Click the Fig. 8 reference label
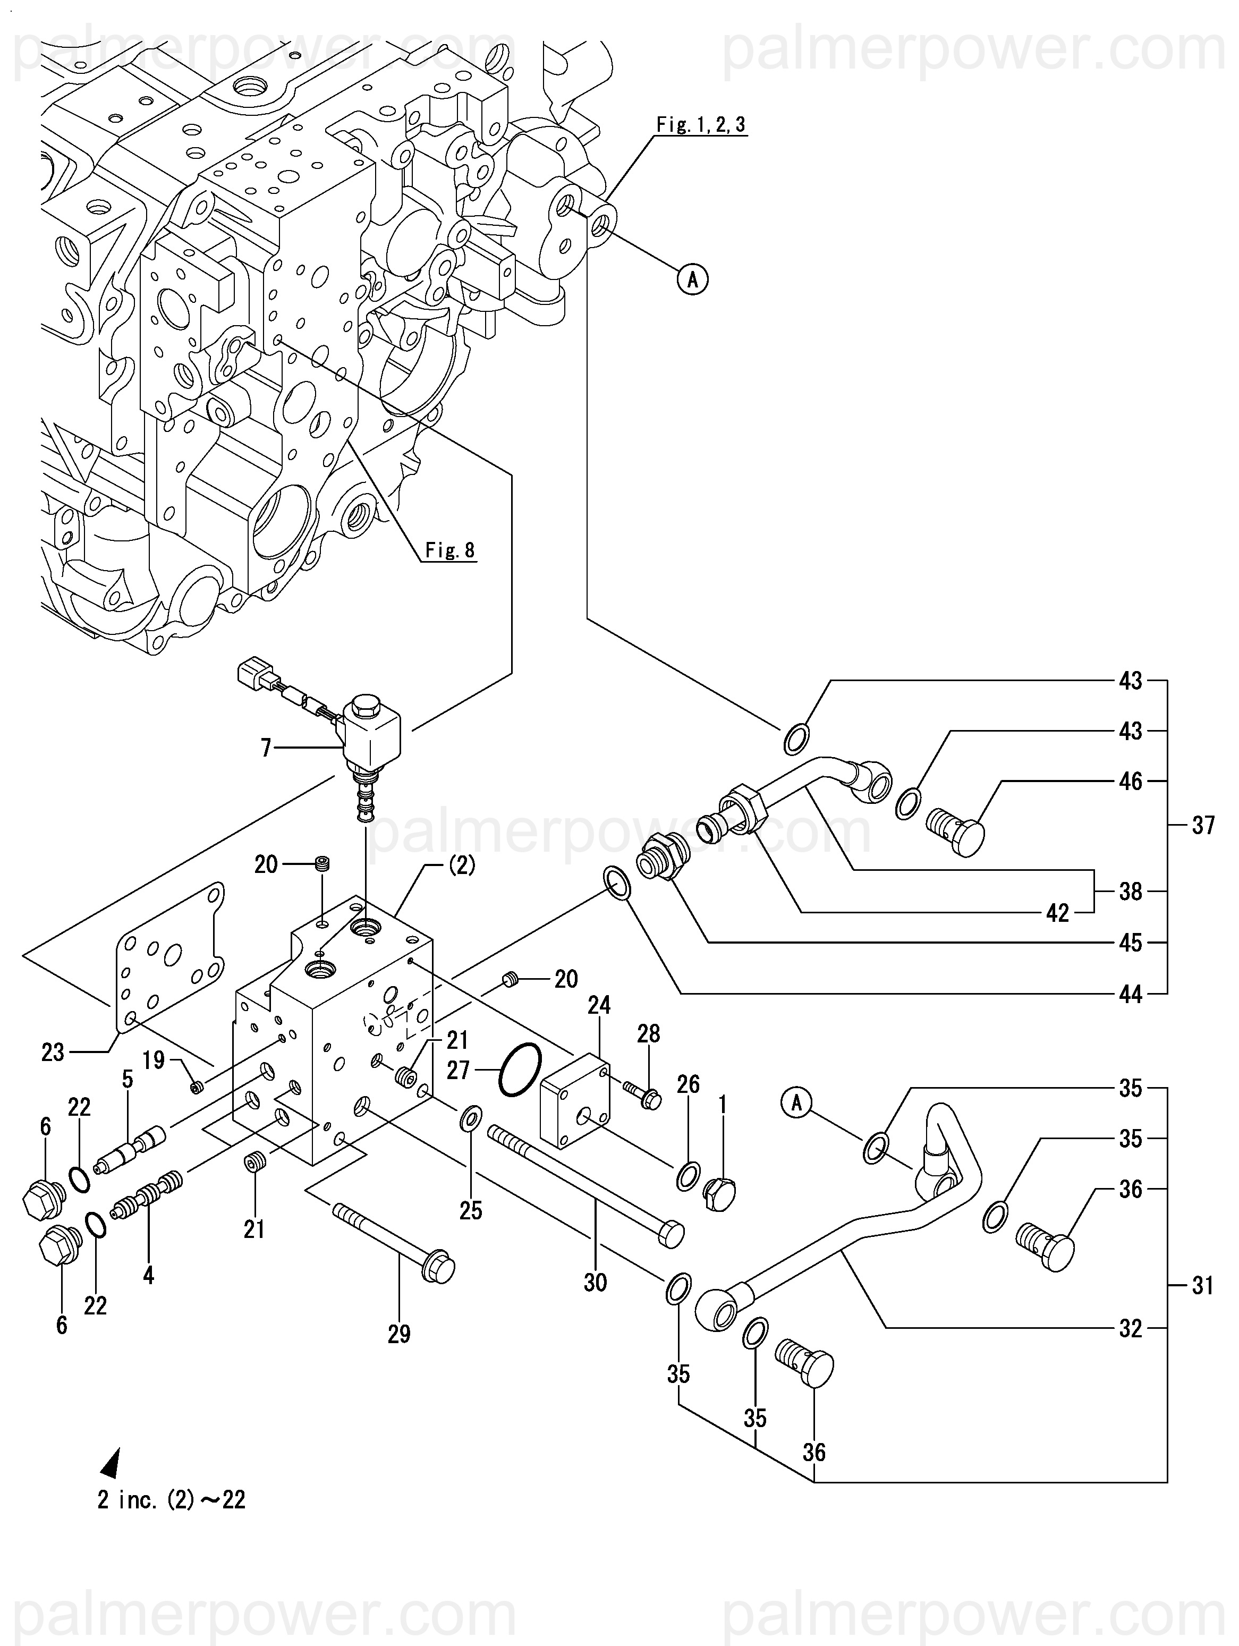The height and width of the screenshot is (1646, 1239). click(449, 550)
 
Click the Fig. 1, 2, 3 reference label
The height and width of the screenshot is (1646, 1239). click(700, 125)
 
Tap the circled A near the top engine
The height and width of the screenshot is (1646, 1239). click(693, 280)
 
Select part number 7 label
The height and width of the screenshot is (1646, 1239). click(266, 747)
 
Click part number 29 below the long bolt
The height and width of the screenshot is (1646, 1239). click(399, 1334)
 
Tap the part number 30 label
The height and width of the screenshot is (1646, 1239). click(595, 1282)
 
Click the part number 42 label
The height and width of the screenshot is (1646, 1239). click(1057, 913)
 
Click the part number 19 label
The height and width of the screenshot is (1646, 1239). click(154, 1059)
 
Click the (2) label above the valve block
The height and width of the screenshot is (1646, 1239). click(461, 866)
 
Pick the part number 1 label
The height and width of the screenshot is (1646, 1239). click(722, 1107)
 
